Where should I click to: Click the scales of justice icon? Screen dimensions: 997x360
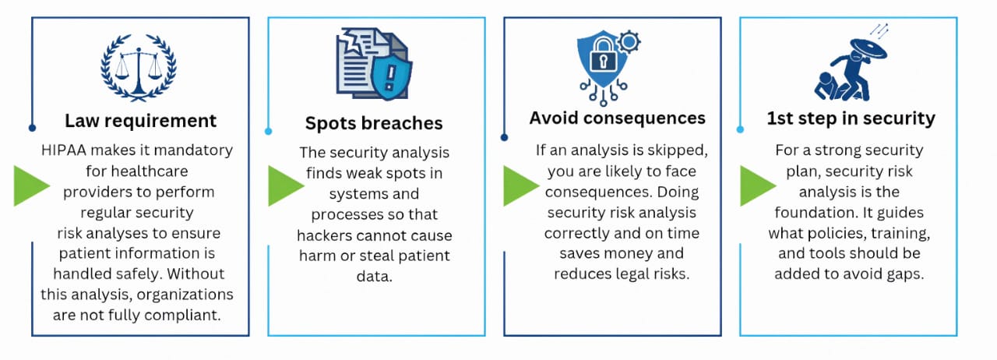(139, 68)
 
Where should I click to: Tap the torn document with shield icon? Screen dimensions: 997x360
(374, 63)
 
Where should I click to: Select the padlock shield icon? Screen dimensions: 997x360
(609, 68)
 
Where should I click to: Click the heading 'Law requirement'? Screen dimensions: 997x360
(141, 121)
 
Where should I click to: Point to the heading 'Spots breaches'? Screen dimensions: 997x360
(374, 123)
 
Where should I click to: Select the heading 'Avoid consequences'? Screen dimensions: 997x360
(618, 118)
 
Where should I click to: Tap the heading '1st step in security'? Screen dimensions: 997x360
(851, 118)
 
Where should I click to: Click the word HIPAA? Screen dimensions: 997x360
(64, 150)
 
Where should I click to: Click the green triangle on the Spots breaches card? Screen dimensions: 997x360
(286, 185)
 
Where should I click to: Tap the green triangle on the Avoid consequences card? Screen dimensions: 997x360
(521, 185)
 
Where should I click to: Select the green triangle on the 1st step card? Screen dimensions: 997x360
(758, 185)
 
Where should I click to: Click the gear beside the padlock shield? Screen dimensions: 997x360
(629, 42)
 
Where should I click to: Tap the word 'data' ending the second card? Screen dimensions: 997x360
(375, 277)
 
